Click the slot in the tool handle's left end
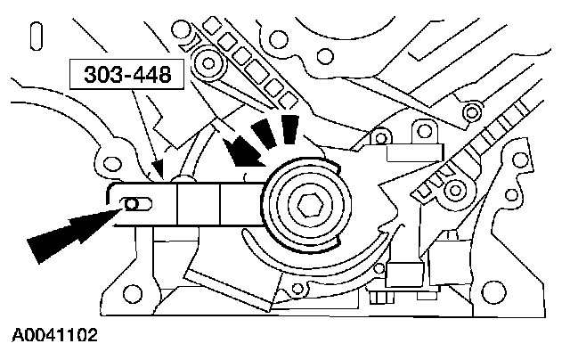tap(133, 204)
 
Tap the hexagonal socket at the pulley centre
tap(311, 205)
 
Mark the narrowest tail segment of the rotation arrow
tap(289, 127)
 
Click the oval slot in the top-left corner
tap(36, 37)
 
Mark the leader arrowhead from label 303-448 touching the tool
tap(158, 170)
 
